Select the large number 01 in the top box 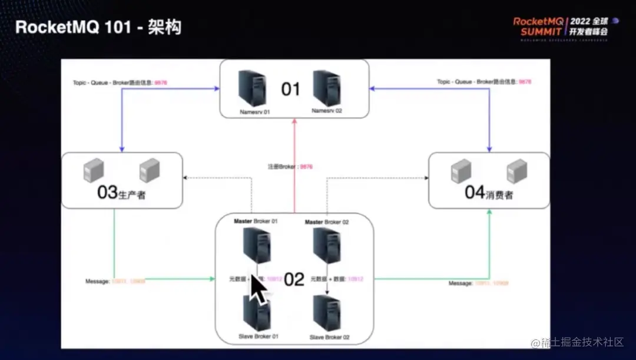point(291,89)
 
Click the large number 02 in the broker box point(294,279)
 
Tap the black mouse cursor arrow point(257,289)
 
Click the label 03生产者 point(121,193)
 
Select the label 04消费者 point(489,193)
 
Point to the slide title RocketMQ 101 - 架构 point(98,27)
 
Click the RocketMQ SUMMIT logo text point(538,27)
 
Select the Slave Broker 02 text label point(329,337)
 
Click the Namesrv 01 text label point(254,111)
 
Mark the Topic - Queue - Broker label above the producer point(112,83)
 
